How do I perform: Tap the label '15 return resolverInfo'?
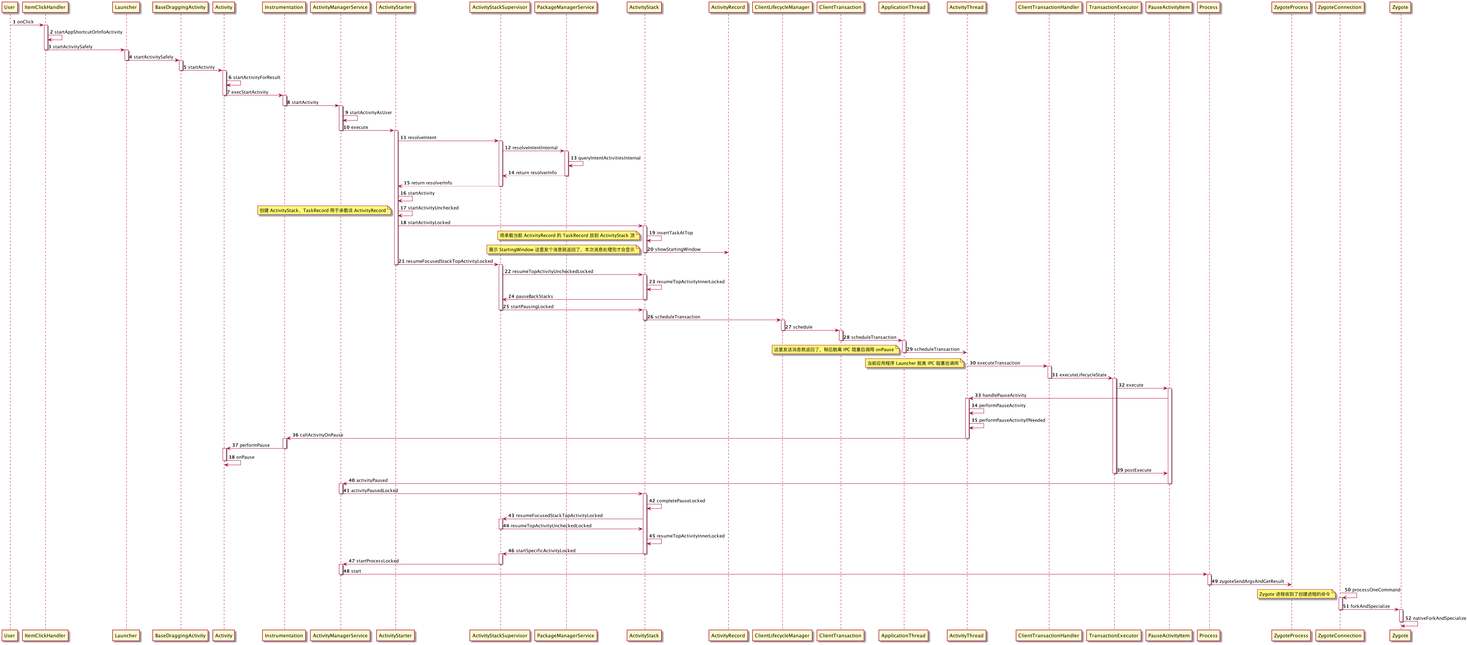427,183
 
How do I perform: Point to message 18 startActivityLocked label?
425,223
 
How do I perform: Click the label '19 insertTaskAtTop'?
671,233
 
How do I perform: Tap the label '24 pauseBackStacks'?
530,296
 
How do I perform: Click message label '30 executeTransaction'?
995,363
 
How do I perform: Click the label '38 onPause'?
242,457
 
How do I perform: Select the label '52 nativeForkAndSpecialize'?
1435,618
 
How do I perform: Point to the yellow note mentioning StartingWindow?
562,250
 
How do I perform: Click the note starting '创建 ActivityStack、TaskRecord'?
323,211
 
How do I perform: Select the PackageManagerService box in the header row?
565,7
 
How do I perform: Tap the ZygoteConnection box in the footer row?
1339,635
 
